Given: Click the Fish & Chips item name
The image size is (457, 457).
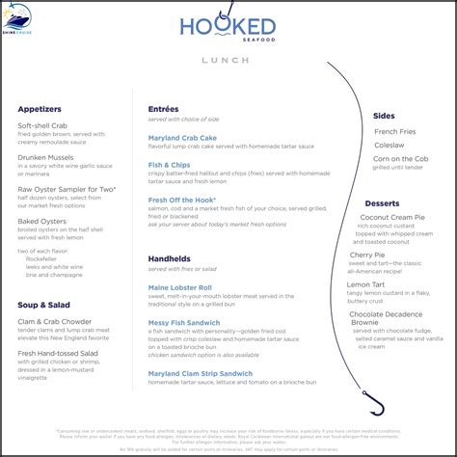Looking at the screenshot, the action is tap(169, 164).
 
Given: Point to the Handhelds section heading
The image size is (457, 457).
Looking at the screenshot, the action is tap(172, 258).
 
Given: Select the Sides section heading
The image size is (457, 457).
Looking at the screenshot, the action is tap(384, 116).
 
